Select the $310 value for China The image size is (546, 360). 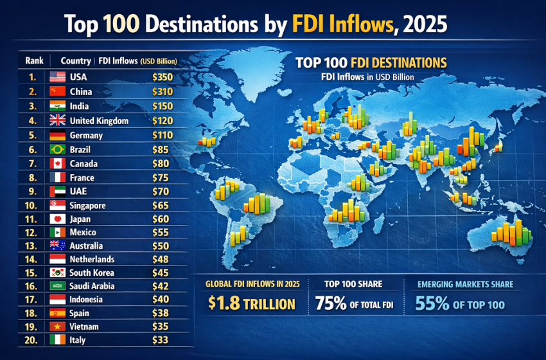(x=162, y=91)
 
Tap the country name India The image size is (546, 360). (x=80, y=106)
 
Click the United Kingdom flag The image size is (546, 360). (x=57, y=120)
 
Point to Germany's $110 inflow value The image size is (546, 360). (x=162, y=135)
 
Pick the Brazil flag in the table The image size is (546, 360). (x=57, y=149)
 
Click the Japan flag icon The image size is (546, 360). (x=57, y=220)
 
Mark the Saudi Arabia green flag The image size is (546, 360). (x=57, y=285)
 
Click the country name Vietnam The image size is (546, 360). (x=85, y=327)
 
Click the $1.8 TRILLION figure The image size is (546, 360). (x=251, y=304)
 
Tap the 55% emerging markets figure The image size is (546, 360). (x=432, y=303)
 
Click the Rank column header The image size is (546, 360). (x=34, y=61)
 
